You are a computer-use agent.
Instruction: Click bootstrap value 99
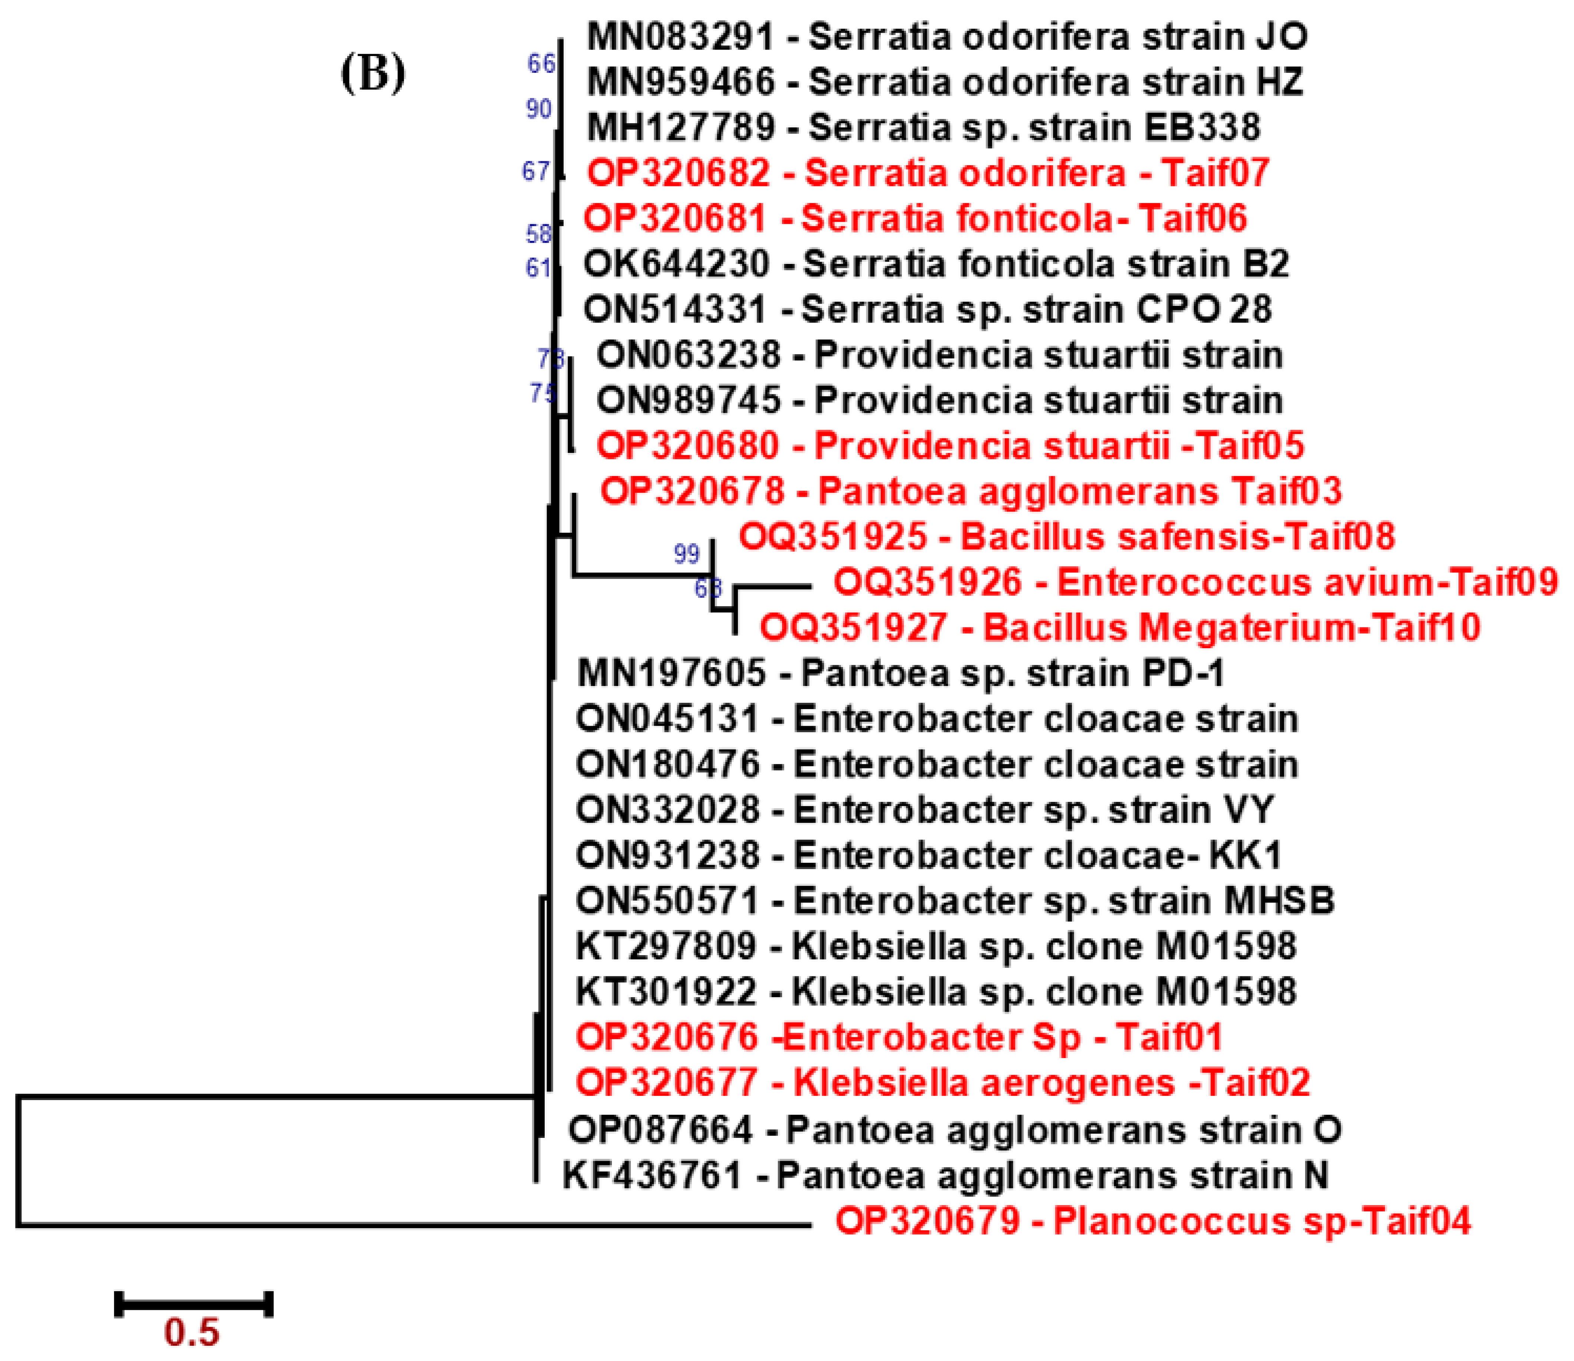pos(686,554)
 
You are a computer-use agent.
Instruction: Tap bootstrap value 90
pos(539,110)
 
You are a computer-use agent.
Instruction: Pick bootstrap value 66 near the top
pos(541,64)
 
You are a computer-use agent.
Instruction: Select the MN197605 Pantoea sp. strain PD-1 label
pos(900,674)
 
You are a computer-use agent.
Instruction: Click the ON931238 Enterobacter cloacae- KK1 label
pos(928,856)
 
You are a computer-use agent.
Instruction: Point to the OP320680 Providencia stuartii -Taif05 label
pos(949,446)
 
